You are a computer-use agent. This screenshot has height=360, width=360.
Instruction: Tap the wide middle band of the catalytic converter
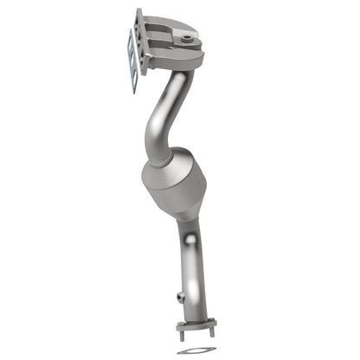[174, 186]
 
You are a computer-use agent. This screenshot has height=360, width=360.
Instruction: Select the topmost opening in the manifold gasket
[130, 40]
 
